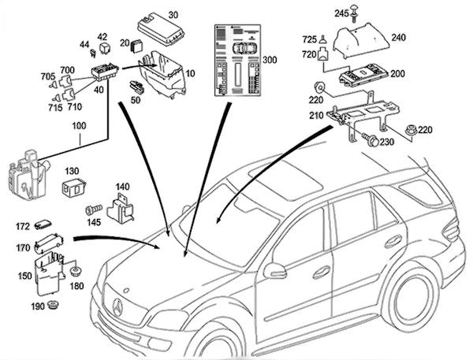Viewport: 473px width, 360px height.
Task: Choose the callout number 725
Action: tap(309, 39)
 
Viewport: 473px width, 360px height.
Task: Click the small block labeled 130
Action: tap(73, 188)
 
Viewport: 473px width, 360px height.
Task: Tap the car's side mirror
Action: tap(274, 270)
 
